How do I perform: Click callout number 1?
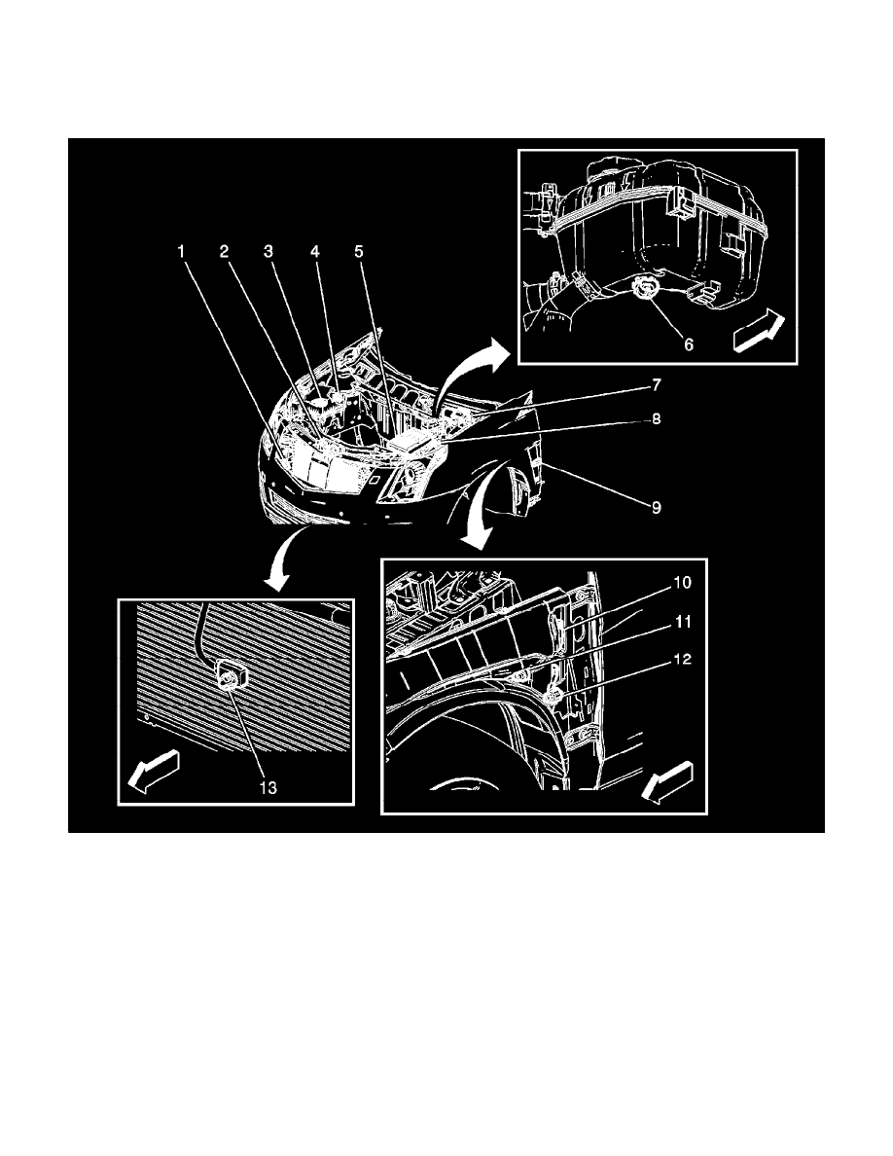point(180,250)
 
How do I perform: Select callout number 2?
point(224,250)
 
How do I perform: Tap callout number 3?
point(268,250)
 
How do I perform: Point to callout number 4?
point(314,250)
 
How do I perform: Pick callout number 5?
point(358,250)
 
